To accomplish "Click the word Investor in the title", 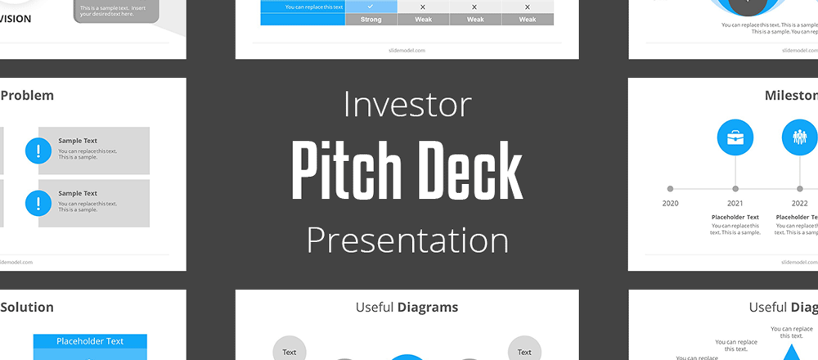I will pyautogui.click(x=407, y=105).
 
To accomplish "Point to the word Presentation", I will pyautogui.click(x=407, y=241).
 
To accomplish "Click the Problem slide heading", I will pyautogui.click(x=27, y=95).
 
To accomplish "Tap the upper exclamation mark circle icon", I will pyautogui.click(x=38, y=151).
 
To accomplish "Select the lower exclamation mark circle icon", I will pyautogui.click(x=38, y=202).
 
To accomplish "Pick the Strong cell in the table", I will pyautogui.click(x=371, y=20).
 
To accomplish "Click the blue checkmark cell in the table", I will pyautogui.click(x=371, y=7).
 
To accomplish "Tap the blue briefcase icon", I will pyautogui.click(x=735, y=137).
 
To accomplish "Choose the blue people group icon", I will pyautogui.click(x=799, y=137).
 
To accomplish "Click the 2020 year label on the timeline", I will pyautogui.click(x=671, y=203).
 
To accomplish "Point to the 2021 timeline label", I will pyautogui.click(x=735, y=203).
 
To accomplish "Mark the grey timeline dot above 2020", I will pyautogui.click(x=671, y=188).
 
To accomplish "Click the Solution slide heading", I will pyautogui.click(x=27, y=308).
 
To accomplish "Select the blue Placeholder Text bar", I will pyautogui.click(x=90, y=341).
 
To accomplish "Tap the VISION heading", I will pyautogui.click(x=16, y=18).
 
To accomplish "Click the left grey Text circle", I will pyautogui.click(x=290, y=351).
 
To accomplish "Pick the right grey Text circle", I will pyautogui.click(x=524, y=351).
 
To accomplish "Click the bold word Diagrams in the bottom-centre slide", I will pyautogui.click(x=428, y=308).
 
